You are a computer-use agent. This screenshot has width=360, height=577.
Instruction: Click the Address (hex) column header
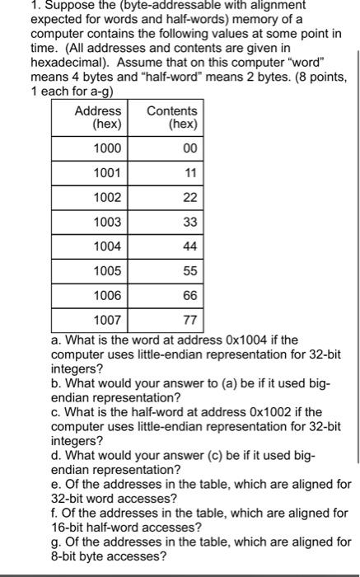coord(98,118)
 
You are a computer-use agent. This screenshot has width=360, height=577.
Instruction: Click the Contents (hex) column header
coord(171,118)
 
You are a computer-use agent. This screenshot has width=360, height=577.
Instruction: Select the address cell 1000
coord(106,148)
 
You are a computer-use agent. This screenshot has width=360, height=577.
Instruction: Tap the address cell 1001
coord(106,173)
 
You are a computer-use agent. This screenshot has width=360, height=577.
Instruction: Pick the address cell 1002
coord(106,198)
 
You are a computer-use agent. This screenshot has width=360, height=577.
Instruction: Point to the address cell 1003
coord(106,222)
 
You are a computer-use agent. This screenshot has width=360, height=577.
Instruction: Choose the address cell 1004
coord(106,246)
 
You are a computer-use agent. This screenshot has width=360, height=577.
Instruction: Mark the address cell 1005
coord(106,270)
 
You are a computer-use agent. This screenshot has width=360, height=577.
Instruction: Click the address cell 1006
coord(106,295)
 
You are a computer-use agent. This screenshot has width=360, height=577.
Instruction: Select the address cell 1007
coord(106,319)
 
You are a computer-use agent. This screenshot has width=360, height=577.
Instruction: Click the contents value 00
coord(189,148)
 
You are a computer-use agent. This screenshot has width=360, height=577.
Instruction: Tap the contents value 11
coord(189,173)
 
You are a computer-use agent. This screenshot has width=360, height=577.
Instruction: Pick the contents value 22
coord(189,198)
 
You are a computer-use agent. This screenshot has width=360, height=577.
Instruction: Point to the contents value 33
coord(189,222)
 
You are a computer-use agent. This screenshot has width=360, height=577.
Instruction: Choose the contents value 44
coord(189,246)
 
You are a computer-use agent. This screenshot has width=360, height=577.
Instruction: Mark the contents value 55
coord(189,270)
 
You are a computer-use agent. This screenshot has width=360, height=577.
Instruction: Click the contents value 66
coord(189,295)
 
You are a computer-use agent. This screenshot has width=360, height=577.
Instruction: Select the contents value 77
coord(189,319)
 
